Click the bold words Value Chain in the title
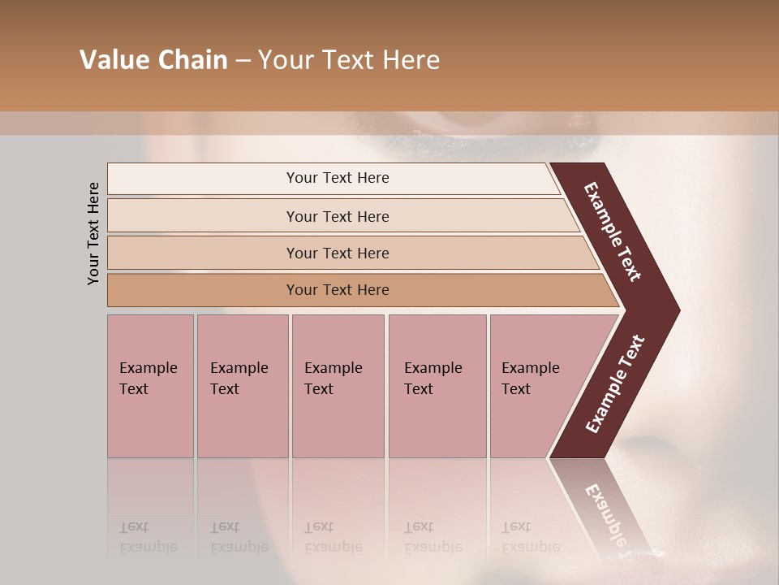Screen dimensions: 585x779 tap(153, 60)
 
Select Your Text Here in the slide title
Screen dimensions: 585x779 tap(349, 60)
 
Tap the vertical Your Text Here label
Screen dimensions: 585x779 tap(93, 233)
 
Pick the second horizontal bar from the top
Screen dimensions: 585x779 tap(338, 216)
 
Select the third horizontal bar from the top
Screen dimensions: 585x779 tap(338, 253)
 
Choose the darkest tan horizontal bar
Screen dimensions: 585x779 tap(338, 290)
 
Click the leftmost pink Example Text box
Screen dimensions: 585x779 tap(150, 386)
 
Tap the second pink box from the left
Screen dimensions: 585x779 tap(242, 386)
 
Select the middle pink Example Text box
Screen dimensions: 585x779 tap(338, 386)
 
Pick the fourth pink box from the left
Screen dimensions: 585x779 tap(437, 386)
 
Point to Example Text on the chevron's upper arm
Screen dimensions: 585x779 tap(613, 232)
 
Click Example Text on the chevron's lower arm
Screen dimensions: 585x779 tap(615, 384)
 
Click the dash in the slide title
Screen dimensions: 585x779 tap(243, 60)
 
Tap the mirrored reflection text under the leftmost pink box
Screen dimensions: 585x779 tap(148, 538)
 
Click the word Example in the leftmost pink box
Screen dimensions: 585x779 tap(148, 368)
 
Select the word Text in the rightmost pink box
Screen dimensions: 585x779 tap(515, 389)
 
